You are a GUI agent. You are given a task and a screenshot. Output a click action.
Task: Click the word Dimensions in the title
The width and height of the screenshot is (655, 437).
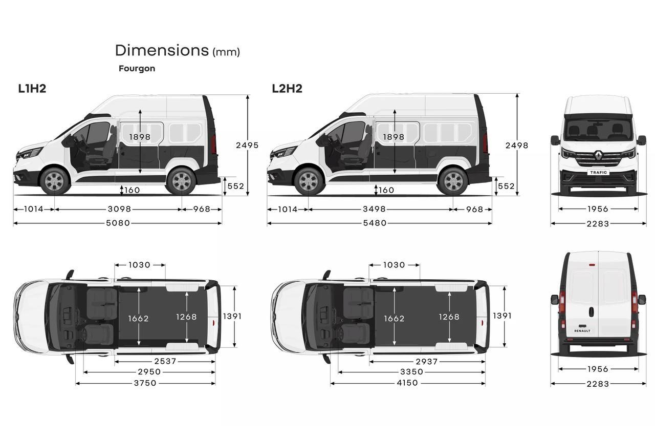[161, 50]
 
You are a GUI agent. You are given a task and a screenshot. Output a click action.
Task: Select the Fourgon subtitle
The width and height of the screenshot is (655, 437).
[137, 68]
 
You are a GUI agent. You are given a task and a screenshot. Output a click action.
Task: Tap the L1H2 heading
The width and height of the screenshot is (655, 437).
[32, 89]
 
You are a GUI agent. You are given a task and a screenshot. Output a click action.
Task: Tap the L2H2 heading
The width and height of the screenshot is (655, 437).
[287, 89]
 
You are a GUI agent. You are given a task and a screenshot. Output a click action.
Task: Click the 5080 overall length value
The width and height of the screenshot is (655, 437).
[118, 223]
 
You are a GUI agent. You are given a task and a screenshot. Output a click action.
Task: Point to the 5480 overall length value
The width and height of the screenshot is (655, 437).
[374, 223]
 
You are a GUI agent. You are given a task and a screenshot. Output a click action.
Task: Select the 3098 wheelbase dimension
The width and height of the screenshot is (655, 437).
[119, 209]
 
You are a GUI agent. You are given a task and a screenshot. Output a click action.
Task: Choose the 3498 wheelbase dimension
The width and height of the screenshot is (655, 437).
[374, 209]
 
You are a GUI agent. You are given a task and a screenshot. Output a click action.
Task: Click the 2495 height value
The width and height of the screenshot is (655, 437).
[247, 145]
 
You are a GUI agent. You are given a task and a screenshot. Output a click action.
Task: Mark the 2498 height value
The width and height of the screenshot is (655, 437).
[517, 145]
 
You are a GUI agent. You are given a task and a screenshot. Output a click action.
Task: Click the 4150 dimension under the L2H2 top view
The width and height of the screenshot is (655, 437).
[406, 383]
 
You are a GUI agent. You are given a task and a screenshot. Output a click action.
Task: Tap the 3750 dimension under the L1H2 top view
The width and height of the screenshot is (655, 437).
[145, 383]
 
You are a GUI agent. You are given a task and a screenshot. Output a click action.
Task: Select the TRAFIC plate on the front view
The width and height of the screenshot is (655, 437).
[598, 173]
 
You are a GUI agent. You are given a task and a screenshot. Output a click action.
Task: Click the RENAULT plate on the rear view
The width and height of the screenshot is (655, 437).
[582, 331]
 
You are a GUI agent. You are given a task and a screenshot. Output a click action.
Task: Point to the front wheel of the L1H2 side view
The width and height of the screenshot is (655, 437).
[54, 181]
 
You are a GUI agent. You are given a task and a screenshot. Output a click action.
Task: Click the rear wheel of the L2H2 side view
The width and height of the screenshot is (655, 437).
[452, 181]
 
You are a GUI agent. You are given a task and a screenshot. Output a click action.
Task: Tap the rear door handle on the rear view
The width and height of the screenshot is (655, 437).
[591, 311]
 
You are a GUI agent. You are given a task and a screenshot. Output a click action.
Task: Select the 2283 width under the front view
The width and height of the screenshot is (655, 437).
[598, 223]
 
